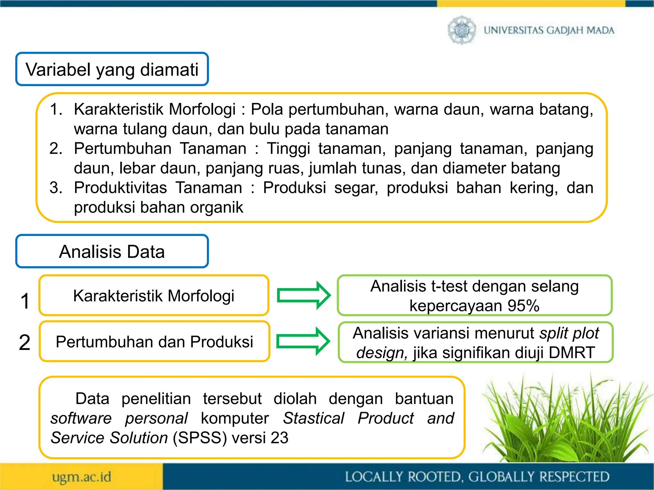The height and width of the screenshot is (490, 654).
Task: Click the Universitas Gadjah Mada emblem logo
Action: pyautogui.click(x=461, y=30)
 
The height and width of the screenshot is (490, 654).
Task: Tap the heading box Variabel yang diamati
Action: pyautogui.click(x=112, y=69)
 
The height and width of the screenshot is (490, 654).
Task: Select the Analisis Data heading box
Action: pyautogui.click(x=112, y=251)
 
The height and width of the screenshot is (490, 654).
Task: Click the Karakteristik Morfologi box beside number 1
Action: pyautogui.click(x=154, y=295)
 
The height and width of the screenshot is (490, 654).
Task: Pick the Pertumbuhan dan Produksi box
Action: pyautogui.click(x=154, y=342)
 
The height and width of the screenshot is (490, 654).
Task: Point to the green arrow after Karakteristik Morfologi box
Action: pyautogui.click(x=303, y=295)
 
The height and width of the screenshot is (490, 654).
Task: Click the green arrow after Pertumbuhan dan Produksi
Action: pyautogui.click(x=303, y=341)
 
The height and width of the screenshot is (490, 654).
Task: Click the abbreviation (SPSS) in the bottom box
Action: pyautogui.click(x=200, y=438)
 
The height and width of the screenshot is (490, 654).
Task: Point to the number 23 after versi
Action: pyautogui.click(x=279, y=438)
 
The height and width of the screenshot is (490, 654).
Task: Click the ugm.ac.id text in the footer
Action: pyautogui.click(x=82, y=477)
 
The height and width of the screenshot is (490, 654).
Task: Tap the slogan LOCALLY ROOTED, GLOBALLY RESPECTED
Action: pyautogui.click(x=477, y=477)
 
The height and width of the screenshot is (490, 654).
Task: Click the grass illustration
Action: pyautogui.click(x=565, y=421)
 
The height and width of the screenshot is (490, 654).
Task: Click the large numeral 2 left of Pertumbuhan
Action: pyautogui.click(x=25, y=342)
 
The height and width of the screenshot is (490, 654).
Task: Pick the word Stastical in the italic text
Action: pyautogui.click(x=314, y=418)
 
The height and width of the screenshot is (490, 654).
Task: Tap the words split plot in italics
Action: pyautogui.click(x=569, y=333)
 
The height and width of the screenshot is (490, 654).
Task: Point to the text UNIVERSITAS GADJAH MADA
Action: pyautogui.click(x=549, y=30)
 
